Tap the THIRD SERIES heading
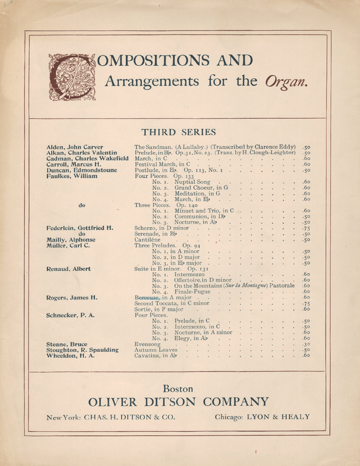pyautogui.click(x=179, y=132)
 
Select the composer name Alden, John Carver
pyautogui.click(x=74, y=146)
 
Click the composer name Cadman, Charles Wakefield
pyautogui.click(x=88, y=158)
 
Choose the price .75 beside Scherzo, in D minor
pyautogui.click(x=306, y=228)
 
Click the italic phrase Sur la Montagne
pyautogui.click(x=245, y=286)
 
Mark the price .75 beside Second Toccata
pyautogui.click(x=306, y=303)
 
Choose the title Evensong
pyautogui.click(x=147, y=344)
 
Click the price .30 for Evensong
pyautogui.click(x=306, y=344)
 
